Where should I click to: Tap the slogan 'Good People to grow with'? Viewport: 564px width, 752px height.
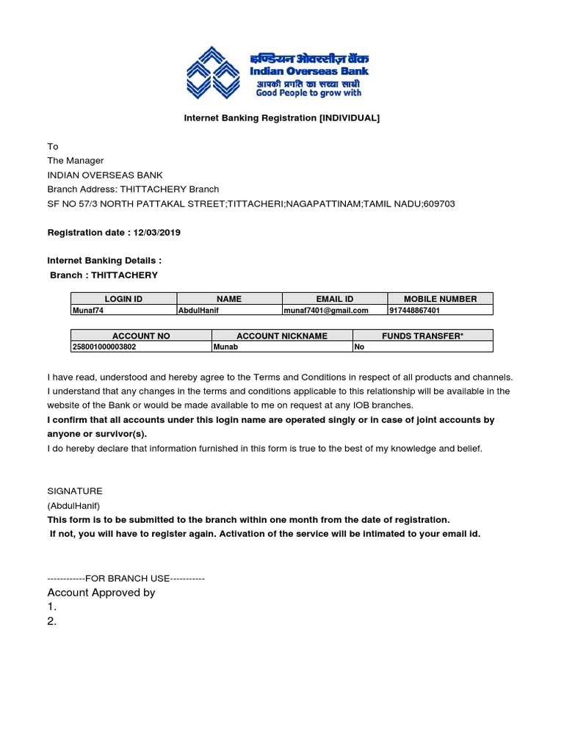click(x=308, y=93)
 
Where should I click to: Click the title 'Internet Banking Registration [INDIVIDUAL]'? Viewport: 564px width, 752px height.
click(x=282, y=118)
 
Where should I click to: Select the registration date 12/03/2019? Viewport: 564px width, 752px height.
click(x=156, y=233)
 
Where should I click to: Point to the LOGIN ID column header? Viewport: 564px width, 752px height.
click(x=123, y=299)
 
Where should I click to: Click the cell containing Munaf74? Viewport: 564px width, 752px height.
click(x=87, y=311)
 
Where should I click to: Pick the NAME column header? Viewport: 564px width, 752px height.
click(x=229, y=299)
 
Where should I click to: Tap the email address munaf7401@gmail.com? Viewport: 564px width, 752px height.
click(x=326, y=311)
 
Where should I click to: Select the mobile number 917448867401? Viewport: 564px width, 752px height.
click(x=415, y=311)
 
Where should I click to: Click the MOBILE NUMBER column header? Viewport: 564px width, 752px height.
click(x=441, y=299)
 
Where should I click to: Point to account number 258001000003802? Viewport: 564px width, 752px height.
click(x=104, y=347)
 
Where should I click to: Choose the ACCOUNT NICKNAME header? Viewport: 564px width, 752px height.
click(x=282, y=336)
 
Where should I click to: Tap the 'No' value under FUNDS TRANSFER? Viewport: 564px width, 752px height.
click(x=360, y=347)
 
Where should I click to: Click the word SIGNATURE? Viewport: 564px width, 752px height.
click(x=75, y=491)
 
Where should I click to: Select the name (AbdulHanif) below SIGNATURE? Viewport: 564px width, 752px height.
click(x=73, y=505)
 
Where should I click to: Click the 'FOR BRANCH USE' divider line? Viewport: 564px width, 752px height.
click(x=126, y=579)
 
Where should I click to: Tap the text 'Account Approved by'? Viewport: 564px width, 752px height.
click(x=101, y=593)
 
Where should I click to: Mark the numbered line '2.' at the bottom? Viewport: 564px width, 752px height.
click(x=52, y=621)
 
